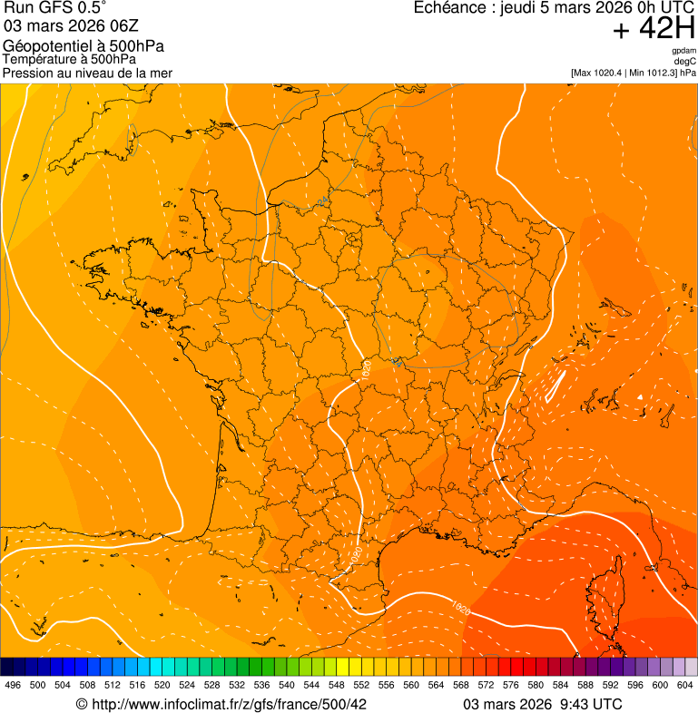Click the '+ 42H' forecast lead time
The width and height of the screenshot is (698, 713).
click(653, 29)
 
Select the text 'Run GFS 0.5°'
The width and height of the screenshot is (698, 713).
click(55, 9)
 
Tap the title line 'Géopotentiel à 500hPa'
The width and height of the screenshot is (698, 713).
click(84, 46)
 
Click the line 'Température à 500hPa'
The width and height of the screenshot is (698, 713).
click(69, 60)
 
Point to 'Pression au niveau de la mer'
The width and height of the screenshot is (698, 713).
click(87, 73)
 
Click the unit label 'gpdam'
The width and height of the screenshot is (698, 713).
click(683, 50)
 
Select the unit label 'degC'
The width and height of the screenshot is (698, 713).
click(685, 61)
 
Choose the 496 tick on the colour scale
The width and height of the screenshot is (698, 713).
click(13, 685)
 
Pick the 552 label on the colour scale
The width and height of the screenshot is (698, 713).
click(361, 685)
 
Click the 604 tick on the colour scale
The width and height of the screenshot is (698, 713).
click(685, 685)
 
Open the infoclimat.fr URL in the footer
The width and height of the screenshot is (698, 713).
click(228, 704)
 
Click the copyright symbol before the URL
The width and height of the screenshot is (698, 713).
click(81, 704)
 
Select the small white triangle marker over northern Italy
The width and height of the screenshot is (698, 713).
click(639, 396)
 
